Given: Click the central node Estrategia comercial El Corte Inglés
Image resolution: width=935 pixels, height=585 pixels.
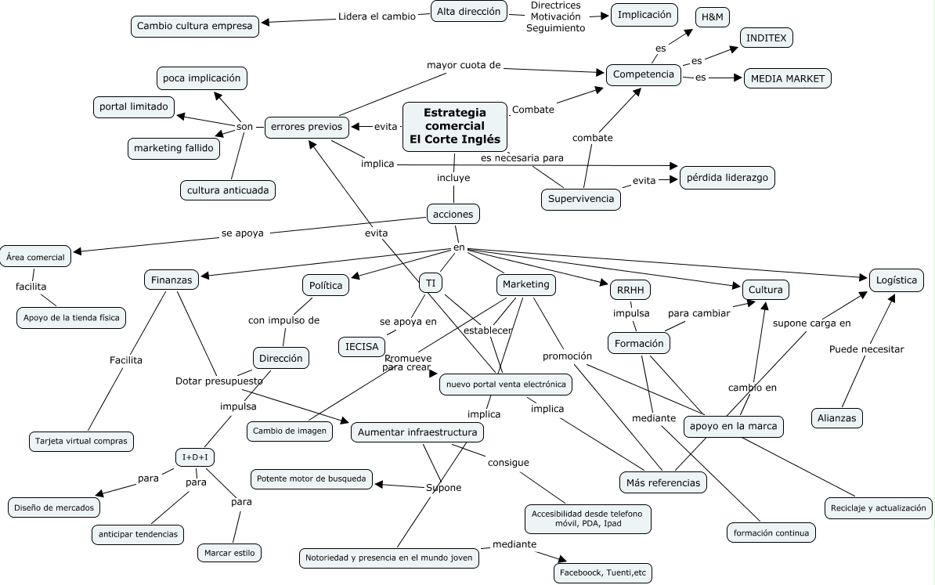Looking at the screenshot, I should [454, 126].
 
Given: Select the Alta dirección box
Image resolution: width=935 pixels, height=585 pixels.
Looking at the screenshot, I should [468, 11].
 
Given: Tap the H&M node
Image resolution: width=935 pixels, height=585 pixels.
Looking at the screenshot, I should [712, 17].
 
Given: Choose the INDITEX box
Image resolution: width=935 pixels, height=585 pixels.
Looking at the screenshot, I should [767, 38].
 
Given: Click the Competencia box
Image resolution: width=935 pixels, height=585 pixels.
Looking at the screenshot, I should [644, 74].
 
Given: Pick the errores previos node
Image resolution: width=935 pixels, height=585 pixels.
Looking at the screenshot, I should [307, 126].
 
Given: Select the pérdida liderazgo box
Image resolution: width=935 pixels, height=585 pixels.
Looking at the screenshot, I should [727, 178].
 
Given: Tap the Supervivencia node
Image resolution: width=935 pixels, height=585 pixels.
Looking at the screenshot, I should [580, 199].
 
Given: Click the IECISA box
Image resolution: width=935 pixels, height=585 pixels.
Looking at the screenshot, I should [362, 345].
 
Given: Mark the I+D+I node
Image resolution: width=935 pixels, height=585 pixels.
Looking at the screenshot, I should [195, 457].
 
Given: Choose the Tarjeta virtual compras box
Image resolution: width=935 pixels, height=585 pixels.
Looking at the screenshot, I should [81, 441].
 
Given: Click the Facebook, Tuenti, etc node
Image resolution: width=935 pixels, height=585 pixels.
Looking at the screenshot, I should [602, 573].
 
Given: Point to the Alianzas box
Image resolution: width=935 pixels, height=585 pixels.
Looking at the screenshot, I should [836, 417].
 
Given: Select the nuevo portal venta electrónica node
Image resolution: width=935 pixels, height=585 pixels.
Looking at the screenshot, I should [504, 385].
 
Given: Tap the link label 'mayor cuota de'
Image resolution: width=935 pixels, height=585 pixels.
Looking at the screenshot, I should [463, 65].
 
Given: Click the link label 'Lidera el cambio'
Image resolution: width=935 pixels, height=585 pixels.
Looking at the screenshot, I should [377, 16].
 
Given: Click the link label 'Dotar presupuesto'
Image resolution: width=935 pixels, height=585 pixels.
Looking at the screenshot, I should [218, 381].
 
